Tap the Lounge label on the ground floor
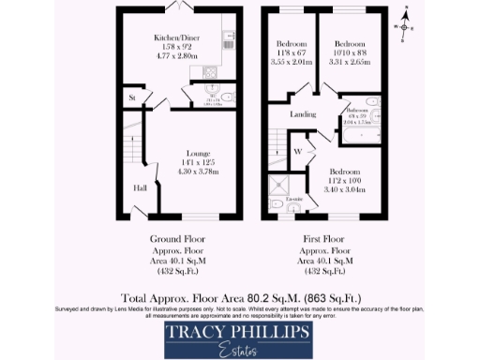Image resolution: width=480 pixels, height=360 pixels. pos(198,153)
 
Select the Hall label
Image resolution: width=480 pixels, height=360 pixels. pos(139,187)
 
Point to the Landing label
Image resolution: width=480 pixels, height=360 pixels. pos(302,115)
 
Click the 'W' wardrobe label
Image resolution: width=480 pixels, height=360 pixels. pos(296,151)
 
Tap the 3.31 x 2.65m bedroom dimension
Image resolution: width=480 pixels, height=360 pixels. pos(350,62)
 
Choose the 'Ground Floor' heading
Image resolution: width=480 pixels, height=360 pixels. pos(177,239)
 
